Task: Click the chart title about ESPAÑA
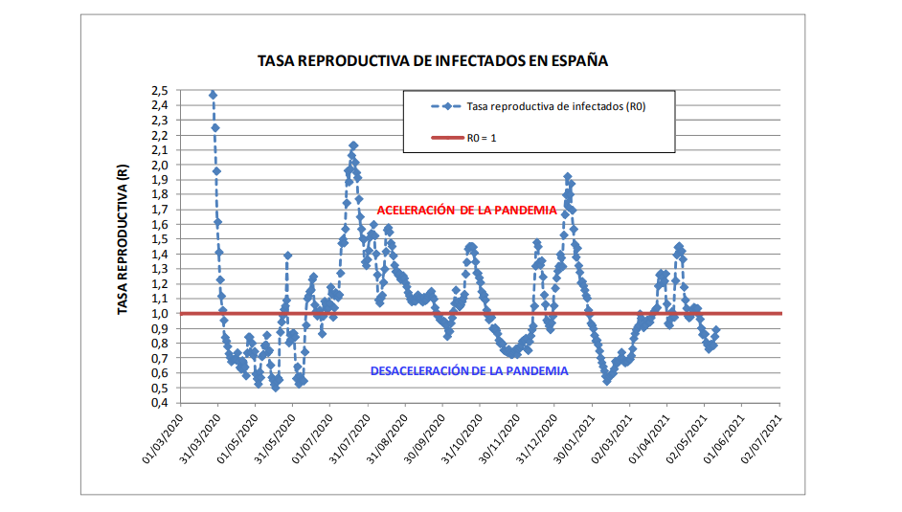pos(433,60)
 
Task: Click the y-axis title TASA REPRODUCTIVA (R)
pos(124,240)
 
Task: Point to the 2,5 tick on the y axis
pos(159,91)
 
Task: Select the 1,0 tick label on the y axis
pos(159,314)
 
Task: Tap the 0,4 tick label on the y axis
pos(159,403)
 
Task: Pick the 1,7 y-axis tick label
pos(159,210)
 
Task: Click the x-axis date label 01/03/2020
pos(162,438)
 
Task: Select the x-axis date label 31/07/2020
pos(350,438)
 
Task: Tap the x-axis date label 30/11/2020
pos(499,438)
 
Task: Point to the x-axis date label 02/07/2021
pos(761,438)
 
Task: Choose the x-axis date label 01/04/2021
pos(649,438)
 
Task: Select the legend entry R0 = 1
pos(481,138)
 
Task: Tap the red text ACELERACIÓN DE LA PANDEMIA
pos(465,211)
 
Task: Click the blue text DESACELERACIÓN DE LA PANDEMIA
pos(468,370)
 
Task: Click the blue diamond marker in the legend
pos(446,106)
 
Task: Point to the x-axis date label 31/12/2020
pos(536,438)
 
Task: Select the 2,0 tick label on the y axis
pos(159,166)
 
